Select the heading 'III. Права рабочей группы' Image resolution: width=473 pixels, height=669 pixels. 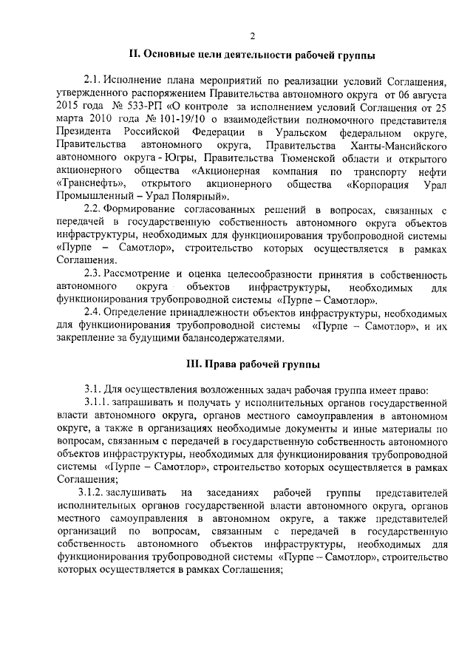coord(252,362)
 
